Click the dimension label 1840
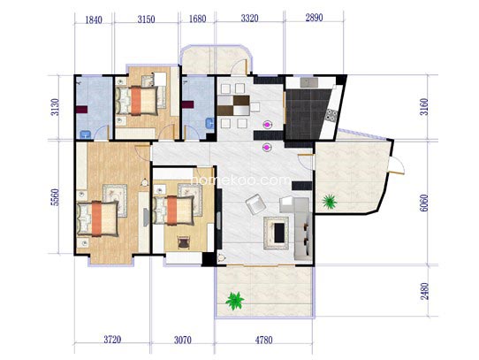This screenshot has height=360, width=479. point(94,20)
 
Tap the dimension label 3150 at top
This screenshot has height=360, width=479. point(146,19)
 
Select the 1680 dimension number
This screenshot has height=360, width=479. point(197,19)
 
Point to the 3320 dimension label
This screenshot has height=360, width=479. point(249,19)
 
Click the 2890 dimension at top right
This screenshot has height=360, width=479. point(314,18)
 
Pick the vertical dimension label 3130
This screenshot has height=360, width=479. point(56,107)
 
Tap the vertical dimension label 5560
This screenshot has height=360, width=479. point(56,197)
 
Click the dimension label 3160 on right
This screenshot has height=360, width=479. point(424,107)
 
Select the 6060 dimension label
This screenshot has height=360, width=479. point(424,203)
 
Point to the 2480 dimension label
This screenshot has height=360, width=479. point(424,291)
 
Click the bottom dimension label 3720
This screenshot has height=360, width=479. point(112,340)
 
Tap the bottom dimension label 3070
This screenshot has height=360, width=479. point(183,340)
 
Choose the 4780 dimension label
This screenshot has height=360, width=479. point(263,340)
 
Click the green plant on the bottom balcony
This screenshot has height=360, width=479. point(234,301)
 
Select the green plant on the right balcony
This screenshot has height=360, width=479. point(330,202)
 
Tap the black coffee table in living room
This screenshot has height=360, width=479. point(279,233)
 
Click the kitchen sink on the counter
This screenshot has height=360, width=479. point(308,82)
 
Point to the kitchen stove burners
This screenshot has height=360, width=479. point(331,115)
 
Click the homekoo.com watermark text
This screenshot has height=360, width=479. point(240,180)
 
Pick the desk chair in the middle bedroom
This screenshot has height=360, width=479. point(183,242)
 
